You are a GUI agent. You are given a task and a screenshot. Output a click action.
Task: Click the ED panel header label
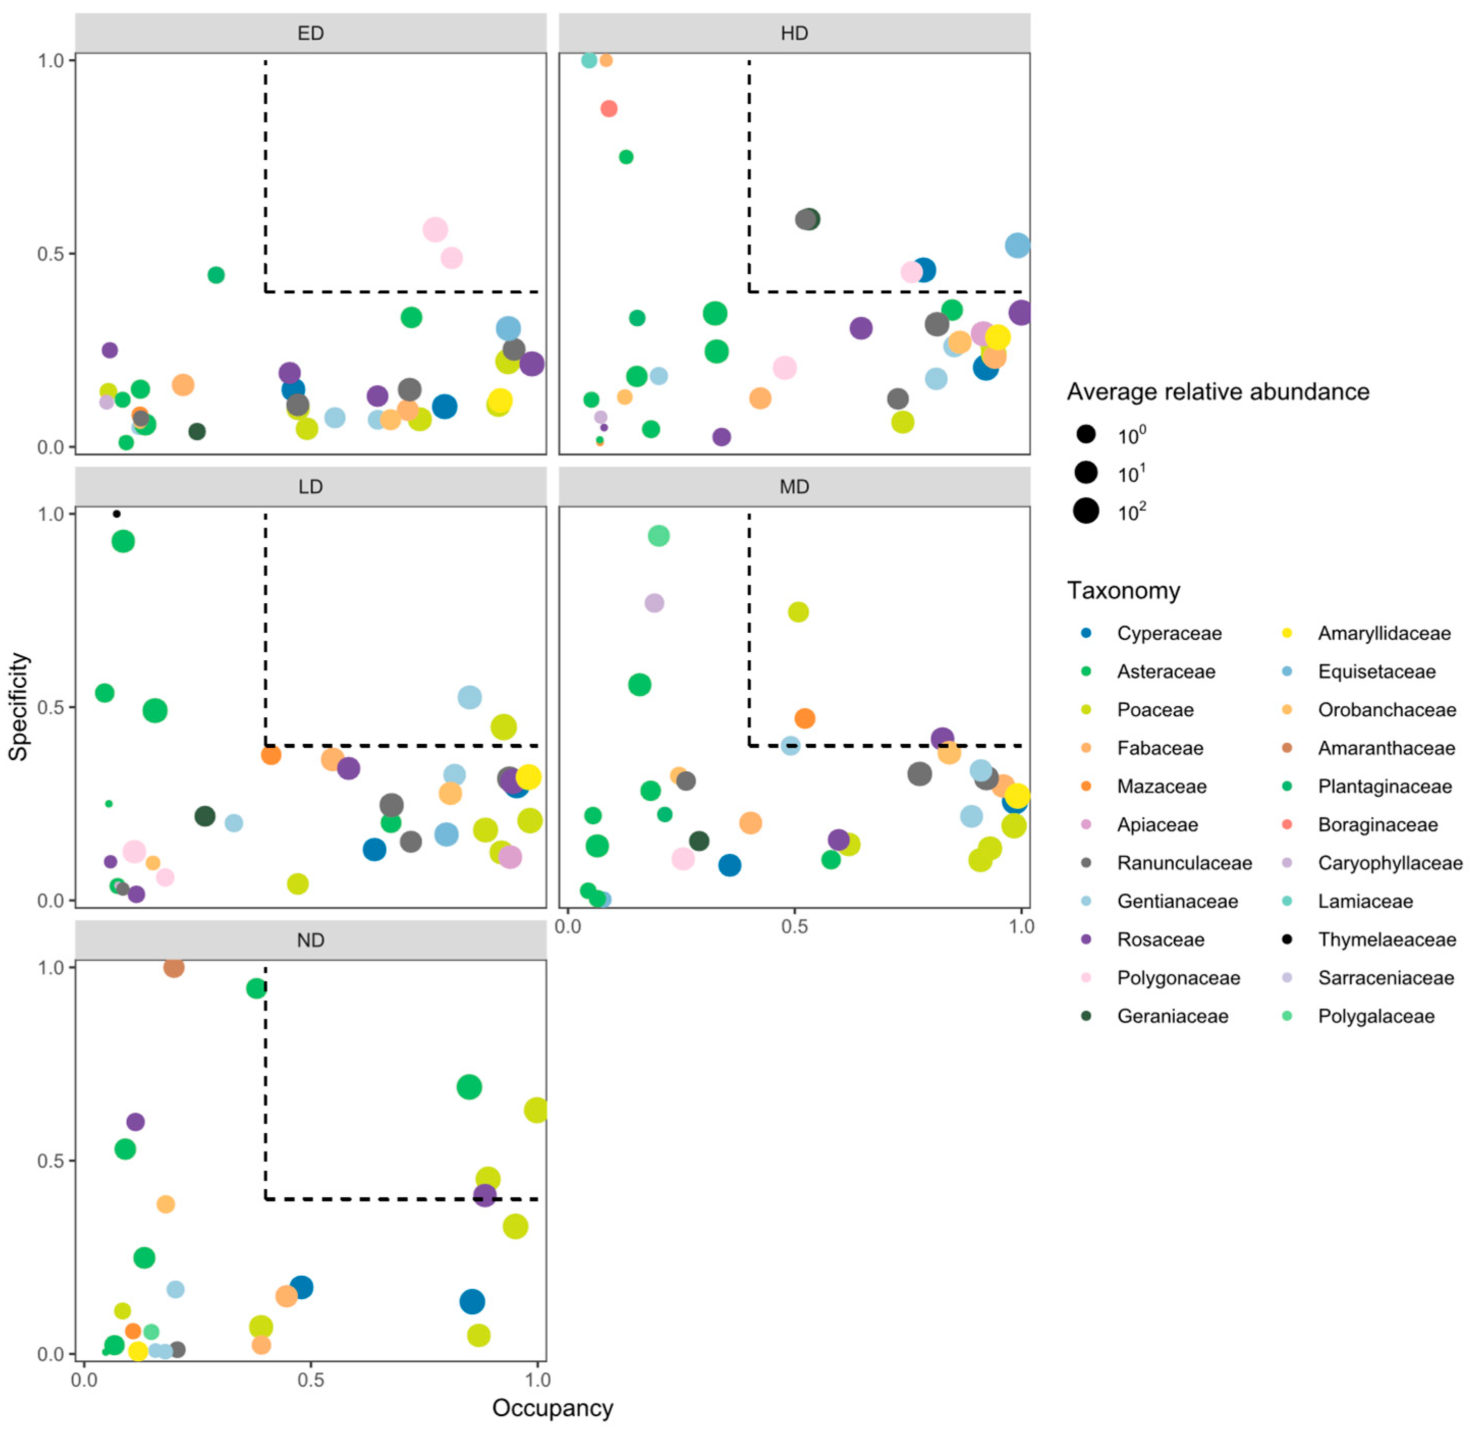[310, 34]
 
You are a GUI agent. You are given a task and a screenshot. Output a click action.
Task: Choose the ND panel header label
[310, 940]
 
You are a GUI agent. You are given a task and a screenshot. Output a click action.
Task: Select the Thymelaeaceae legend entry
[1387, 939]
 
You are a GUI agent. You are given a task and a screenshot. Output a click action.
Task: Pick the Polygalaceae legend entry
[1375, 1016]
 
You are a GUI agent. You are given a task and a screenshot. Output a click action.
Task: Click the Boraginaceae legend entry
[1377, 825]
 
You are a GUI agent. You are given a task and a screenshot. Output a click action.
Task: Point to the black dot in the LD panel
[117, 514]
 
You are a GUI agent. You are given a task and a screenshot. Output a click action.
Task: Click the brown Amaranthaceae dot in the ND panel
[174, 967]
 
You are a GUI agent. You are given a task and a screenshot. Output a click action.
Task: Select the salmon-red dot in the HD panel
[609, 109]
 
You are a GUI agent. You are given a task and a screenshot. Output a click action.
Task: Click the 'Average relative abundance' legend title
[1218, 391]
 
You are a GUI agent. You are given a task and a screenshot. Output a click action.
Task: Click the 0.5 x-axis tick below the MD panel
[795, 927]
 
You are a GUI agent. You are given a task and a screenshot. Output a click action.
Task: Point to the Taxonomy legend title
[1123, 591]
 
